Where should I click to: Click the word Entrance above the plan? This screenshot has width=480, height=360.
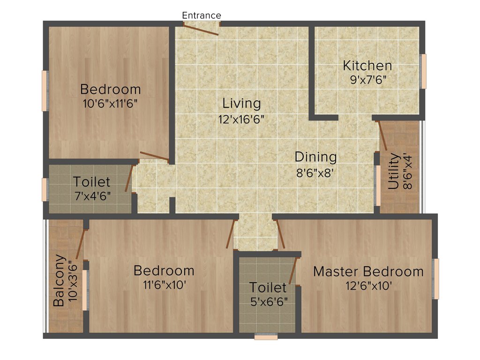[202, 15]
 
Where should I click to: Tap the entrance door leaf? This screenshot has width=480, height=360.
[201, 30]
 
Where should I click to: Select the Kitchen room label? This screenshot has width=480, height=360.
[367, 66]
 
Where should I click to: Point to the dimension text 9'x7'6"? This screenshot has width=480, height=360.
[367, 79]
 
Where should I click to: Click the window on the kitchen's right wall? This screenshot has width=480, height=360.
[423, 71]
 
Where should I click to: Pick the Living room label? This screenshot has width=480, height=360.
[241, 103]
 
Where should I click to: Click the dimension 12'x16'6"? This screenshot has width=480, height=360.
[241, 119]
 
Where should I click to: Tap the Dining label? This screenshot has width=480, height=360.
[315, 157]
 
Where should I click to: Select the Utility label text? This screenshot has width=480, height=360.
[393, 172]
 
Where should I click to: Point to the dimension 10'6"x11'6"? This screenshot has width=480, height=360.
[111, 103]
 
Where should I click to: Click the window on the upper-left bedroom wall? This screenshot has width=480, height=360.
[45, 91]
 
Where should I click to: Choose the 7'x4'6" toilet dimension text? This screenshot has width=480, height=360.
[92, 195]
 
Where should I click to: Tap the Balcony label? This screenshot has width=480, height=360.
[59, 280]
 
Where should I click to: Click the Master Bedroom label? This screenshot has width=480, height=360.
[368, 271]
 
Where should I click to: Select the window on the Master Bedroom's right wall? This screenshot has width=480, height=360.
[436, 279]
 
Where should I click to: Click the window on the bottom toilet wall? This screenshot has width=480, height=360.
[266, 336]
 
